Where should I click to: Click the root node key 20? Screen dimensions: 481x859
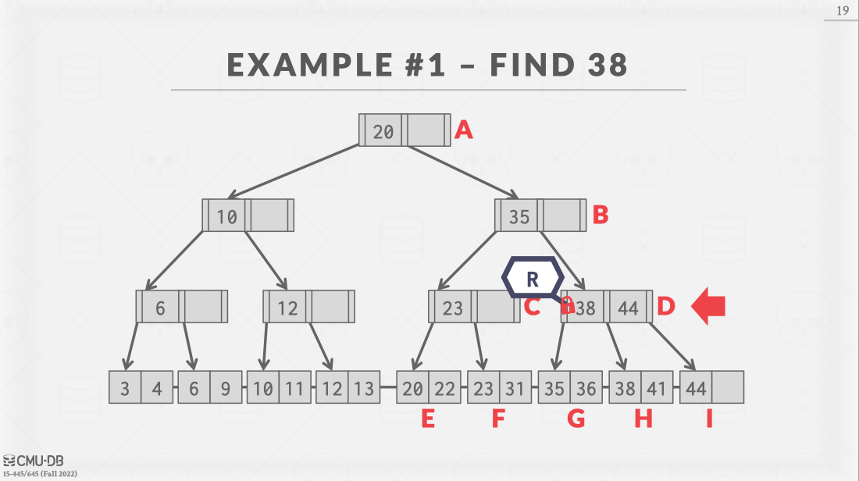383,130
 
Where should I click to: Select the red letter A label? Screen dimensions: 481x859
464,130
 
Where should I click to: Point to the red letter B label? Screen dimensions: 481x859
600,216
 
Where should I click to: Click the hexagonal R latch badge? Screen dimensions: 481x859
533,277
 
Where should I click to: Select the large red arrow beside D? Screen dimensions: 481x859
708,307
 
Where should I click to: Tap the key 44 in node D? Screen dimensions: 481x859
628,308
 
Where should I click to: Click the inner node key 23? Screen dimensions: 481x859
453,308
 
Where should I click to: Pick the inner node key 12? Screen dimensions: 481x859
287,308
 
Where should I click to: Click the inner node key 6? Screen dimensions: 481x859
160,308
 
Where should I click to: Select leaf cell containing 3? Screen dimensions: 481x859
125,388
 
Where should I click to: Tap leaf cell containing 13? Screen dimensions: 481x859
364,388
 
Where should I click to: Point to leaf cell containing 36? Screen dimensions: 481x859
586,388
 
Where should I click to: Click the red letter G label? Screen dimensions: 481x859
576,419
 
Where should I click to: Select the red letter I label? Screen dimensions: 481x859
709,419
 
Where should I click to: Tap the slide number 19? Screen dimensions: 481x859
843,11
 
